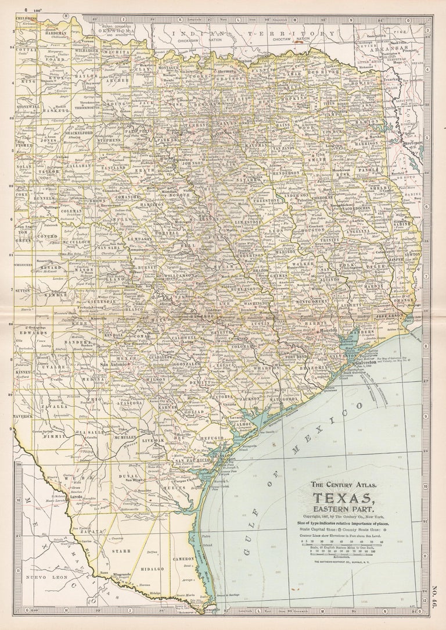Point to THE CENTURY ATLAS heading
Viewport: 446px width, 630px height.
(x=343, y=485)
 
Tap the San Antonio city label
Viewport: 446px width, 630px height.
(x=114, y=364)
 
